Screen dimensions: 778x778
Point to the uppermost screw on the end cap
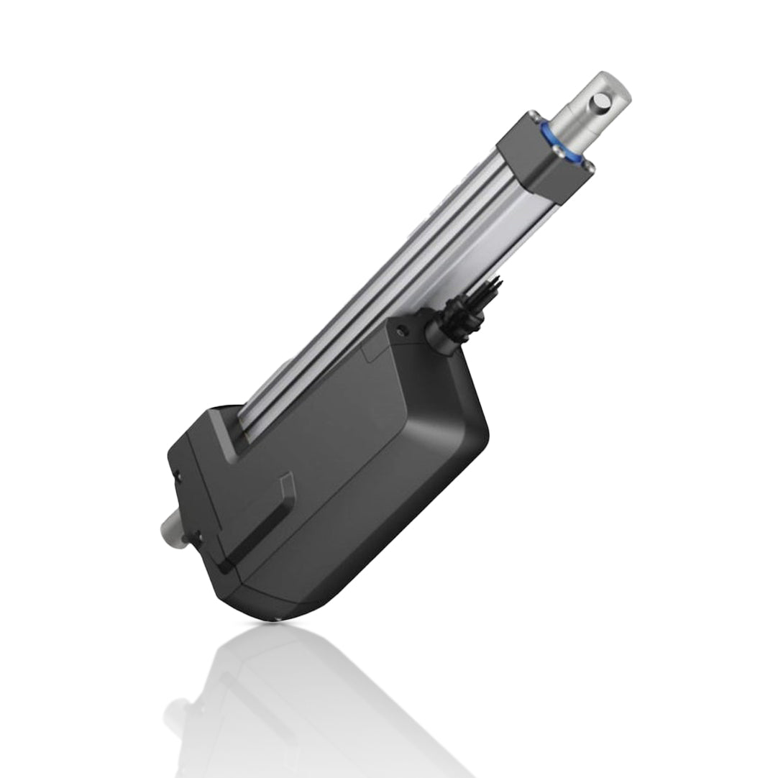pos(533,116)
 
